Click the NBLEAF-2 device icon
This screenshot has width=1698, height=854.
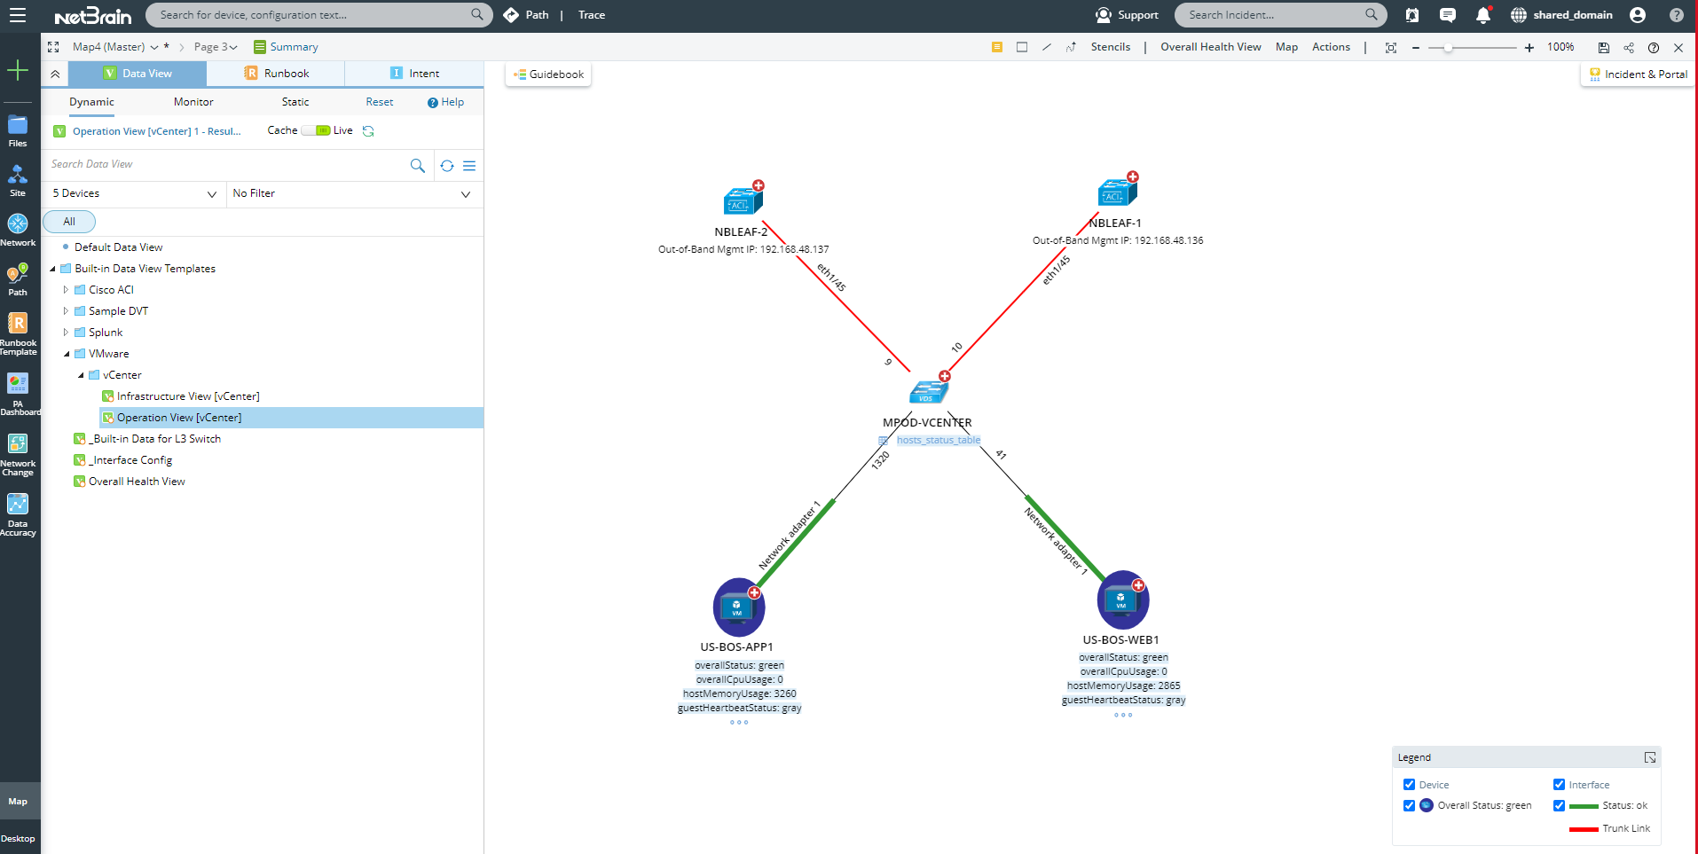[x=742, y=201]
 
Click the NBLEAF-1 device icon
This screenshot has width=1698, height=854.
[x=1116, y=192]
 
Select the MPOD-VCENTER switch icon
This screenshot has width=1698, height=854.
[x=928, y=392]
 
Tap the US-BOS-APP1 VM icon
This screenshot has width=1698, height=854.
[x=738, y=607]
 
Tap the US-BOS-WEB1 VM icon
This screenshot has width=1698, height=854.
[x=1122, y=599]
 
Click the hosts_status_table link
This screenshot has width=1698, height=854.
[x=938, y=440]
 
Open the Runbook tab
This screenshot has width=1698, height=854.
[x=276, y=74]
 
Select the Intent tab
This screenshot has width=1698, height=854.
[x=414, y=74]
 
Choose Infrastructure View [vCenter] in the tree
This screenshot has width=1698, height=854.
[x=188, y=396]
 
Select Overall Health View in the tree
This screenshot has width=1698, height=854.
[x=137, y=482]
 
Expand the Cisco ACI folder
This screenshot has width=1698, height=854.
[x=66, y=290]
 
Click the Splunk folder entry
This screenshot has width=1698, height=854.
[x=106, y=333]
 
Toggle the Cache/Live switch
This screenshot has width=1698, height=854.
[x=316, y=130]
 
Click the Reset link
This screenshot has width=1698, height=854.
[x=379, y=102]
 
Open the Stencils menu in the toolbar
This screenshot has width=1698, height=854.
[x=1110, y=47]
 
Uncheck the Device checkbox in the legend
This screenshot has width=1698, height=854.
[x=1409, y=785]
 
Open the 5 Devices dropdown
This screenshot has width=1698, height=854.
[x=133, y=193]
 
